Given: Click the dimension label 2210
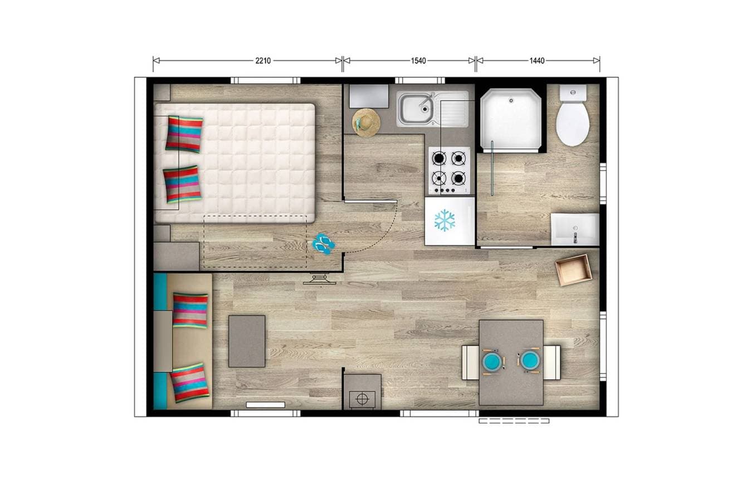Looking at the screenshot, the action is coord(263,61).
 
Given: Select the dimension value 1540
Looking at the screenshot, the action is coord(418,61).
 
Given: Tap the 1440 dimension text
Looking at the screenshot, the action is coord(537,61).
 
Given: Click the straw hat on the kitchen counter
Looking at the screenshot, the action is coord(366,123).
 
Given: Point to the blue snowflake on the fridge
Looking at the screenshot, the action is coord(445,220).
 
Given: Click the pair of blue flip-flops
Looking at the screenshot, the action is coord(323,244).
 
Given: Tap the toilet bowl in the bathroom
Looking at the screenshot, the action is coord(573,124).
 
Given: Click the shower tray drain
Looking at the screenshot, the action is coord(511,100).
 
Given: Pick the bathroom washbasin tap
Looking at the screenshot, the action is coord(575,237).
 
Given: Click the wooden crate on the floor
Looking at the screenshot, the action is coord(573,270).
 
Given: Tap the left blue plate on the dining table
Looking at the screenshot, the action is coord(493,361).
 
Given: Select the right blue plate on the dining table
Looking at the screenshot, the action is coord(530,361).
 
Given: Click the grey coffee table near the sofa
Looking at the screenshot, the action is coord(247,341).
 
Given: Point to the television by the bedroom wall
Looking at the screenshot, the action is coord(319,280).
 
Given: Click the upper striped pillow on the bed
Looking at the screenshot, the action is coord(184,134).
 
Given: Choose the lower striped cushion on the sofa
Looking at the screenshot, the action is coord(189,383).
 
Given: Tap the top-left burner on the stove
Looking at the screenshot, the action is coord(439,158).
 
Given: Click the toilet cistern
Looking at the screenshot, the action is coord(573,92).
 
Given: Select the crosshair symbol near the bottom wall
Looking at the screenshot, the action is coord(362,399).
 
